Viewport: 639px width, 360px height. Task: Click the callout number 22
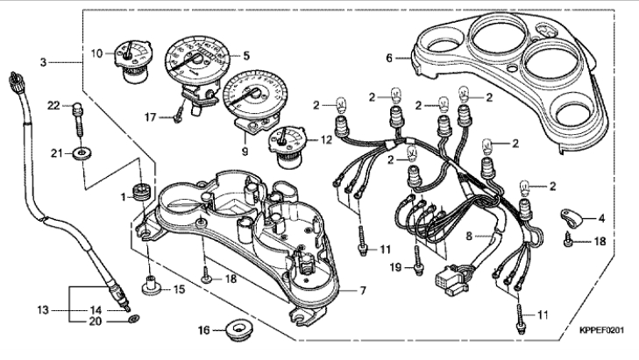[x=53, y=105]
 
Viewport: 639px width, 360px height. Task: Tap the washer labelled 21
[x=82, y=153]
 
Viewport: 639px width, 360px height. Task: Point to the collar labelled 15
[x=152, y=285]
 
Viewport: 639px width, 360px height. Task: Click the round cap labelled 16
[x=239, y=327]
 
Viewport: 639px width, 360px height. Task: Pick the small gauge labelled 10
[x=132, y=61]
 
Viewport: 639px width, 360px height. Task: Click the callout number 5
[x=246, y=56]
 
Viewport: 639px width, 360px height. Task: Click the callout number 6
[x=389, y=58]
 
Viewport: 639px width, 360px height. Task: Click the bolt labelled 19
[x=417, y=260]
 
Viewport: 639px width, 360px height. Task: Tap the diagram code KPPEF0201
[x=601, y=330]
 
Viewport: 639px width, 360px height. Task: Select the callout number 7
[x=362, y=290]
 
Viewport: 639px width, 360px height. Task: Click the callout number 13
[x=43, y=310]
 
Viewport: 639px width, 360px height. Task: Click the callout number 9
[x=245, y=152]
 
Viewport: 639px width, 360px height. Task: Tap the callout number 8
[x=469, y=236]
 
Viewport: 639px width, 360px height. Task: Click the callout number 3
[x=43, y=62]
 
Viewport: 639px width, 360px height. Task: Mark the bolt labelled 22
[x=78, y=118]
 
